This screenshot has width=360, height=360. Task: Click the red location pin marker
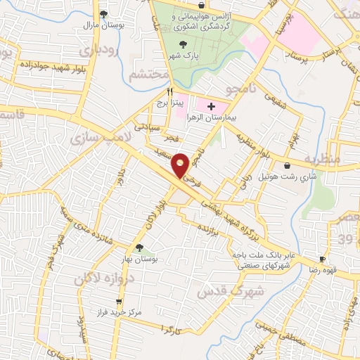click(x=180, y=165)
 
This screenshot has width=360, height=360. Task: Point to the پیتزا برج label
click(x=189, y=103)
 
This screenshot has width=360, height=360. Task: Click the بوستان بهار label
click(x=139, y=259)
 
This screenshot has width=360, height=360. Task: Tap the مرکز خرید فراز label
click(x=117, y=309)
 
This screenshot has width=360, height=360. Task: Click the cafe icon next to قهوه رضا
click(x=322, y=259)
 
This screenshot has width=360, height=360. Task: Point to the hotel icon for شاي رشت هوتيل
click(x=287, y=166)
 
